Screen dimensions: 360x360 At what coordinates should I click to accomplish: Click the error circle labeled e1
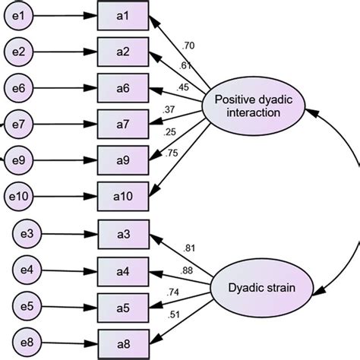[21, 15]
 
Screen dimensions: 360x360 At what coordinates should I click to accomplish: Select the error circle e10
[21, 197]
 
